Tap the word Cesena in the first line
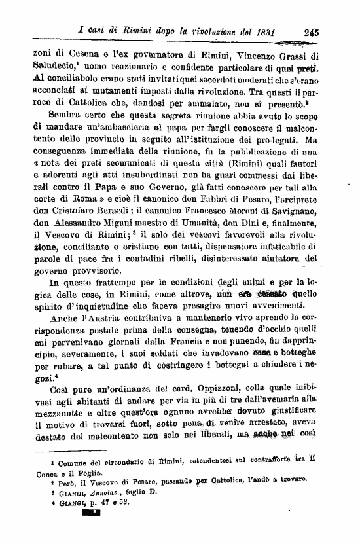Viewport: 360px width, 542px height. coord(81,55)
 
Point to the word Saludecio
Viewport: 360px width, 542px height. coord(52,67)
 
